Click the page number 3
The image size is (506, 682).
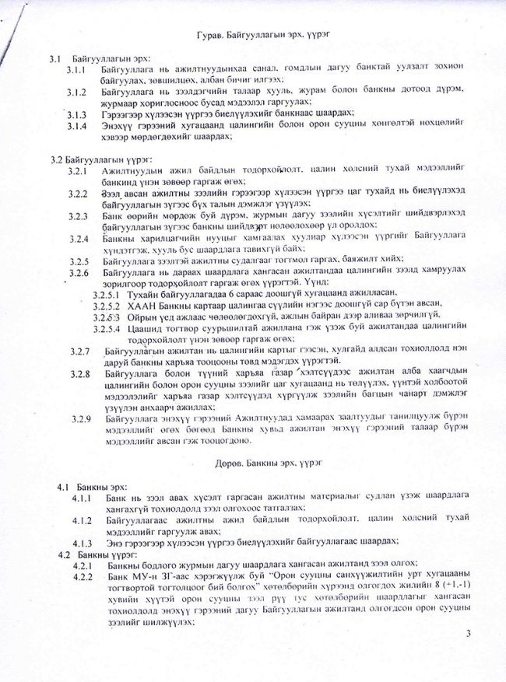point(469,637)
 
